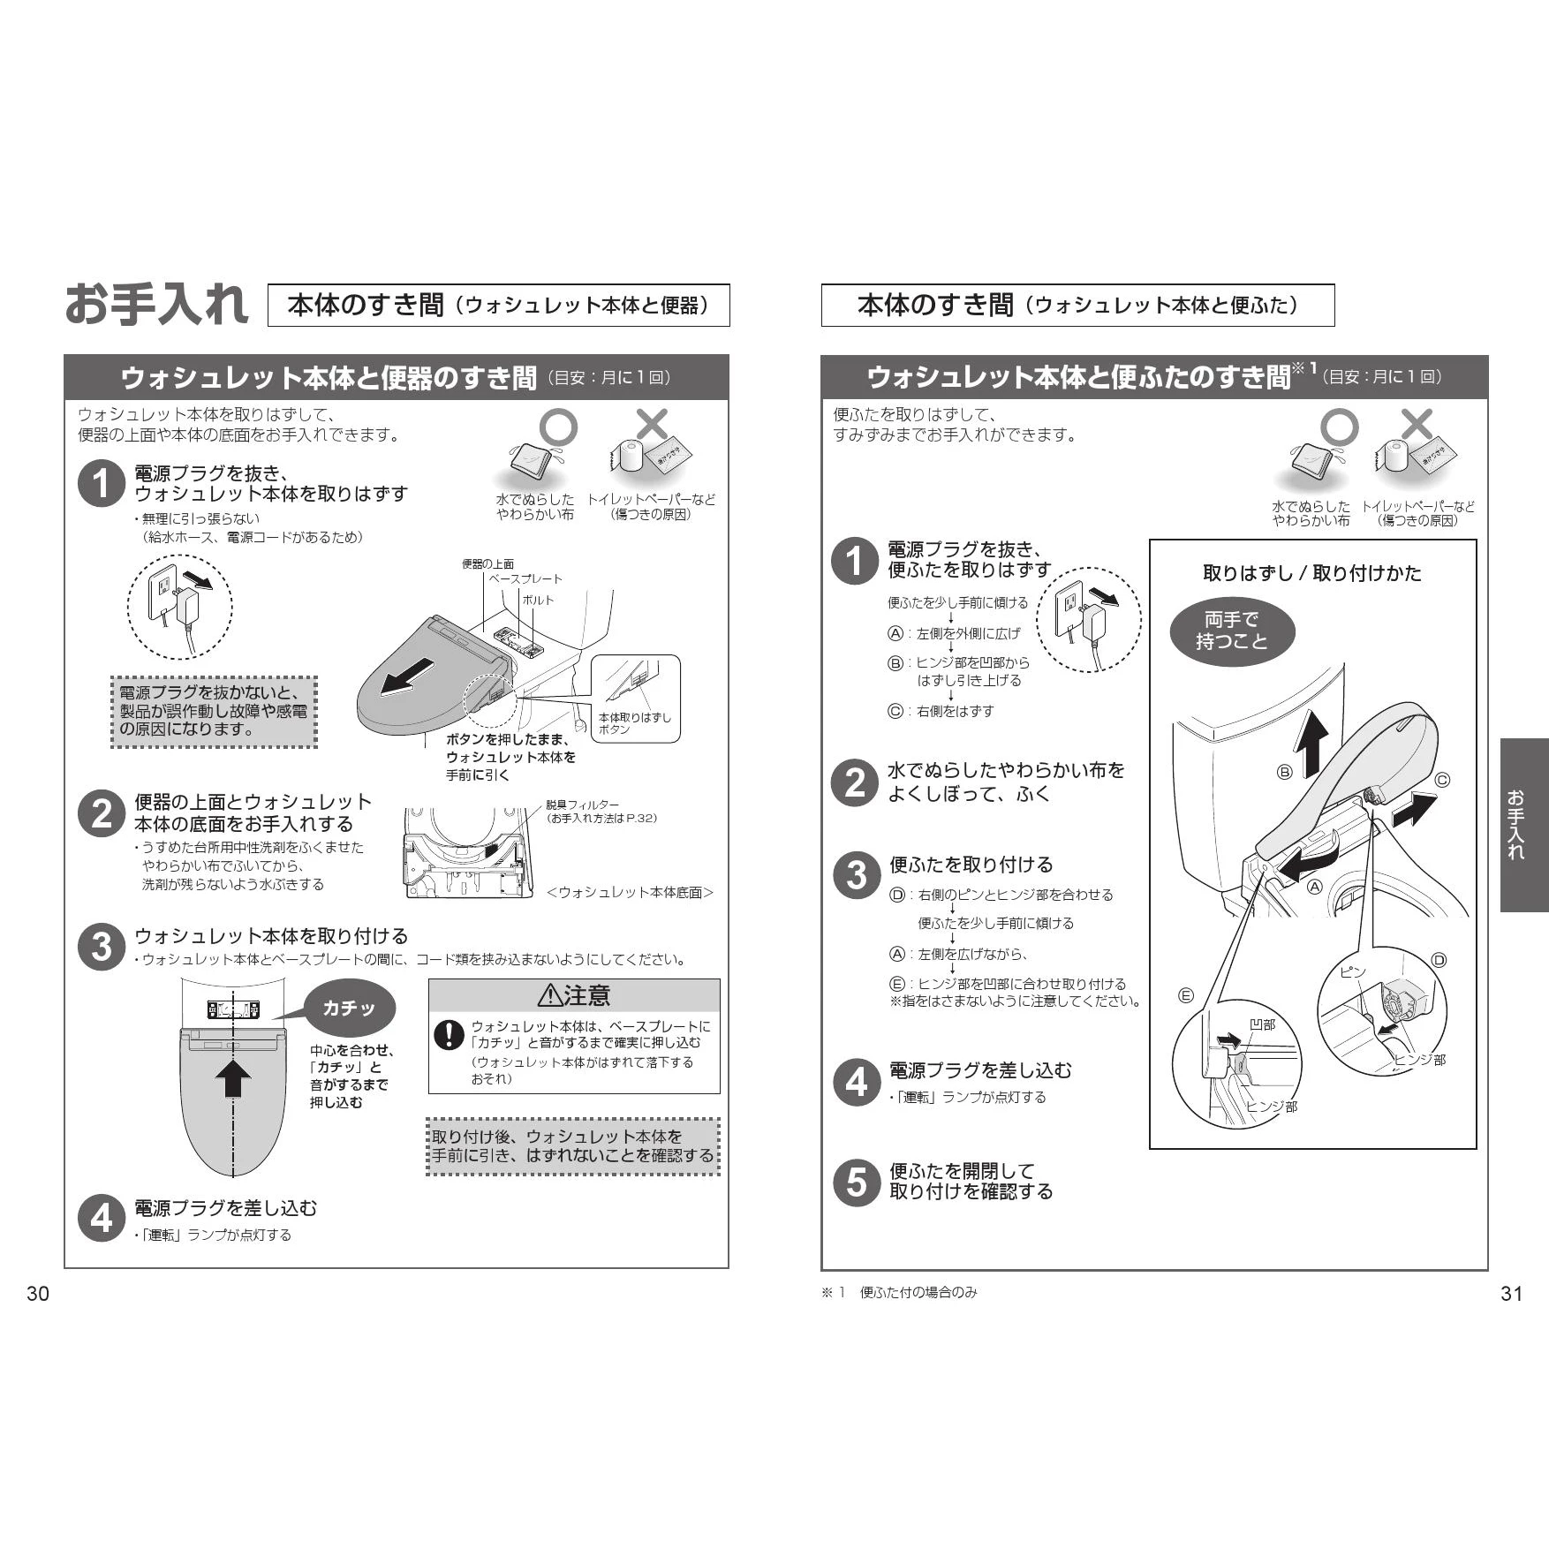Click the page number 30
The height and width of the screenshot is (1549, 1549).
38,1294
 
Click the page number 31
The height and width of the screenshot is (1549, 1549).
1511,1294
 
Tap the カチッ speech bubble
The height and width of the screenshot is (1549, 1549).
349,1008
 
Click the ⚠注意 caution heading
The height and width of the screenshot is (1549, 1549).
574,995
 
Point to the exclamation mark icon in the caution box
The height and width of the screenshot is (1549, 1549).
450,1035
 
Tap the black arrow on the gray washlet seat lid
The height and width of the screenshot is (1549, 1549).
408,676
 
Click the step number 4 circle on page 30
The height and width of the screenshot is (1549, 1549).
102,1219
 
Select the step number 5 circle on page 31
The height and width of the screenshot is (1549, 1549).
857,1182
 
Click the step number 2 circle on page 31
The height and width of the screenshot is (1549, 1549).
854,782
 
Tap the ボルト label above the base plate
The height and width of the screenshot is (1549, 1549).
538,600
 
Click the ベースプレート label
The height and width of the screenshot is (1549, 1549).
525,578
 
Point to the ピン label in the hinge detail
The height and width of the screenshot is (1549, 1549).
1352,972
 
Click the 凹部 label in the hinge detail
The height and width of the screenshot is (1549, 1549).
1262,1024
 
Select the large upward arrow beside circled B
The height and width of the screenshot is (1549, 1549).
1311,744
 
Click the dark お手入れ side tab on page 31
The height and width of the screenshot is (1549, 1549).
1524,825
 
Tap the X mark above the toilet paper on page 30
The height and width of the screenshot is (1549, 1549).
652,425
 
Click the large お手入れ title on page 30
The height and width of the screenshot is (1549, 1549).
156,304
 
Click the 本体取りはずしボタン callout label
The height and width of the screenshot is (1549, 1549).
634,723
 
